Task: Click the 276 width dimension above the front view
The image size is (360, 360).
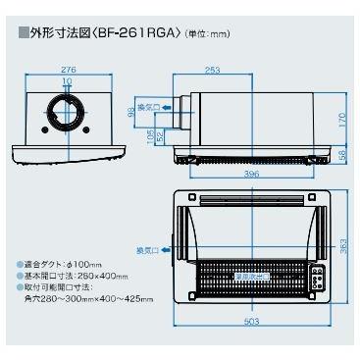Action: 69,69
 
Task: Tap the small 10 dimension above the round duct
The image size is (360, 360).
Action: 69,80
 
